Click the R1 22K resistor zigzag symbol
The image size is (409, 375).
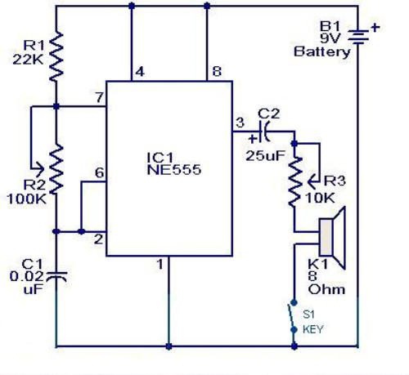tap(56, 56)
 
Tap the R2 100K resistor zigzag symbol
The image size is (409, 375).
tap(56, 169)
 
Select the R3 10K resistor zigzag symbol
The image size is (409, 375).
tap(294, 182)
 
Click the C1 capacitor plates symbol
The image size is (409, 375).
tap(56, 277)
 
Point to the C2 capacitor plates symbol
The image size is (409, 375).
tap(265, 132)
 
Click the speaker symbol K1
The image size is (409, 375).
tap(332, 238)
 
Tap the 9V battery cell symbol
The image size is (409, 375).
tap(358, 37)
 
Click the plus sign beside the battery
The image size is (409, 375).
tap(375, 27)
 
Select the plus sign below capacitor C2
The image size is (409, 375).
tap(253, 139)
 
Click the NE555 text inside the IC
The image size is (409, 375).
tap(174, 170)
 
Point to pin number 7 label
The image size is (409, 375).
tap(100, 97)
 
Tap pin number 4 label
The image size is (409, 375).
tap(140, 72)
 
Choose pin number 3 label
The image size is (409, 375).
tap(240, 123)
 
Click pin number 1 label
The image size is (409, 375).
tap(160, 264)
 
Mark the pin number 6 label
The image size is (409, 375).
tap(100, 172)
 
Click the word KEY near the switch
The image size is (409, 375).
tap(312, 329)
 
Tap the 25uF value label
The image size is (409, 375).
tap(266, 156)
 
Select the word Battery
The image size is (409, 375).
tap(322, 51)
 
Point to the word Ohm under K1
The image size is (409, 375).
tap(326, 289)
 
